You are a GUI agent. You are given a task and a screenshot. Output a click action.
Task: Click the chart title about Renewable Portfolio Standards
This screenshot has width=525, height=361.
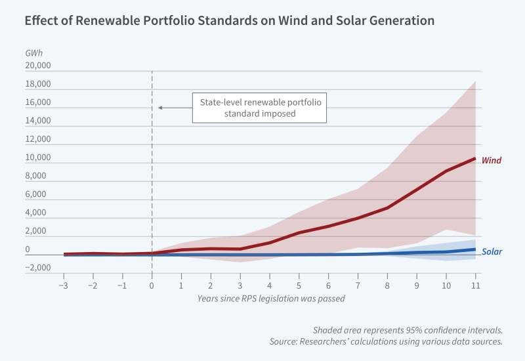click(229, 21)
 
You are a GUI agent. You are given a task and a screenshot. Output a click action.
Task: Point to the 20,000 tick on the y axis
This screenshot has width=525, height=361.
click(37, 66)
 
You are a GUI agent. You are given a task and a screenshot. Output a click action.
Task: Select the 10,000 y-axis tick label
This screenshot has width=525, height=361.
click(37, 158)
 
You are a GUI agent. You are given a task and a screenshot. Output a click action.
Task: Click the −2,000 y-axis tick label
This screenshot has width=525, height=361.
click(37, 268)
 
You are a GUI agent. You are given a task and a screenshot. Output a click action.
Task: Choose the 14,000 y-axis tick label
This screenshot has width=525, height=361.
click(37, 121)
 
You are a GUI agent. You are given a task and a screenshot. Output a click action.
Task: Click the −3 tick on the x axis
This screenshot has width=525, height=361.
click(63, 287)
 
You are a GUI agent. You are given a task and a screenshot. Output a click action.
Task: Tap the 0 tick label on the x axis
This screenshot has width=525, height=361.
click(152, 287)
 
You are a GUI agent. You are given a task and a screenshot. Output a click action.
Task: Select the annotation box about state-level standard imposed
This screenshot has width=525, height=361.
click(259, 108)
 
